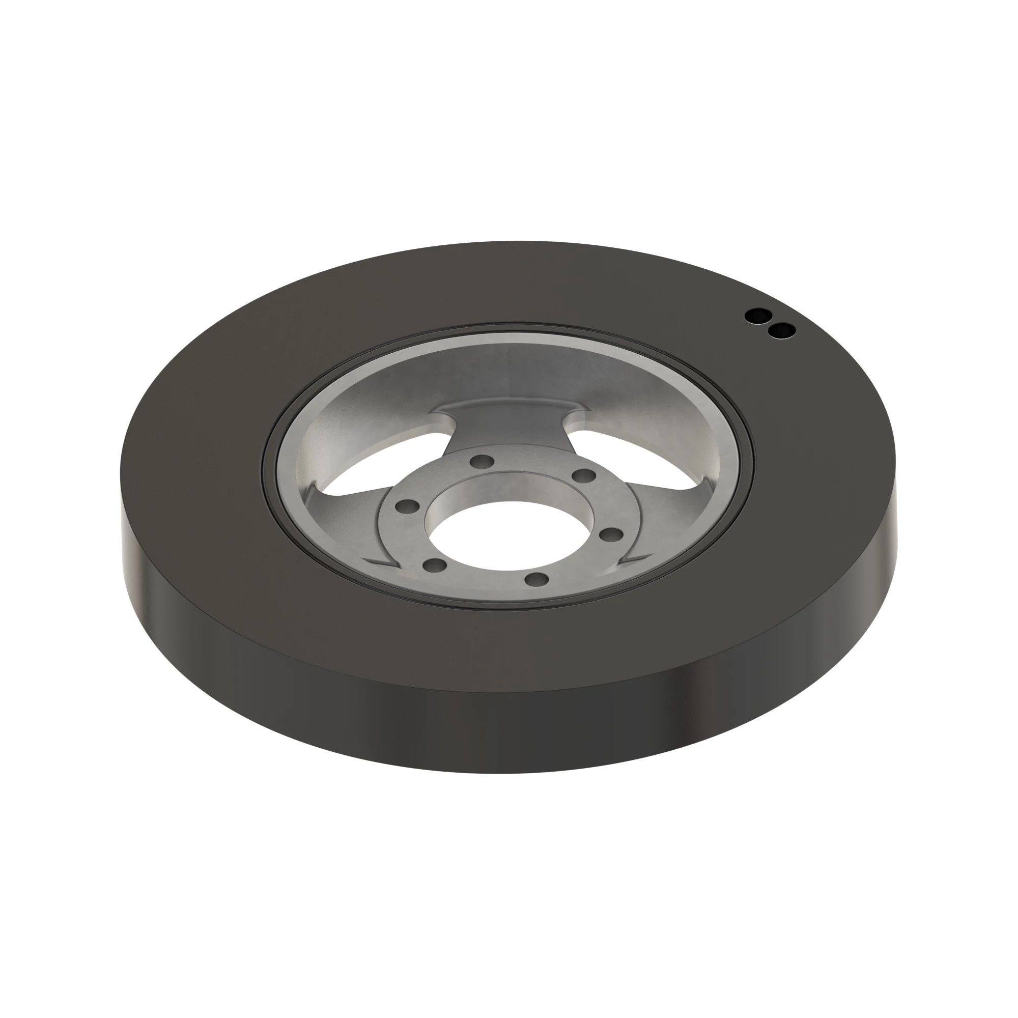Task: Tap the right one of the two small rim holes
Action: click(x=781, y=331)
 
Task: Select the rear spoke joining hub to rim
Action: click(x=506, y=421)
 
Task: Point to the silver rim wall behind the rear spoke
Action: click(x=506, y=363)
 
